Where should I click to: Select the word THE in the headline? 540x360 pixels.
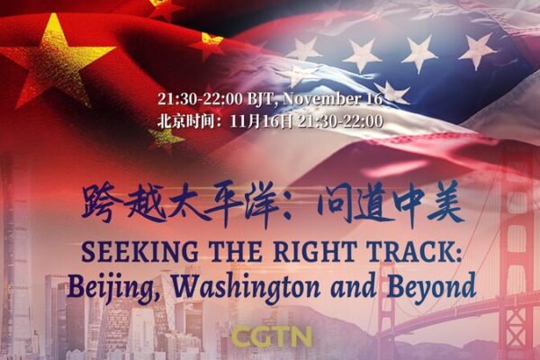pos(220,251)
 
